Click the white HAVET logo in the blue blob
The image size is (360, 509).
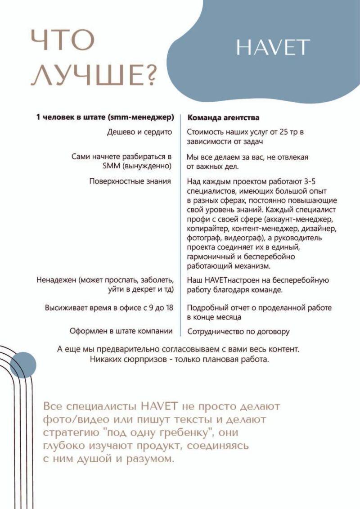273,47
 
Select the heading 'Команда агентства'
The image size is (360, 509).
223,118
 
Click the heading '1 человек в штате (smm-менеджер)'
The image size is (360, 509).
105,117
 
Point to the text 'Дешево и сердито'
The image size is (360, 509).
140,132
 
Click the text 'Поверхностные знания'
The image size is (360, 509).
130,181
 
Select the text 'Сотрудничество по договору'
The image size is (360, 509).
238,332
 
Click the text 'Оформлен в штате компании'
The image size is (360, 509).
121,331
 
